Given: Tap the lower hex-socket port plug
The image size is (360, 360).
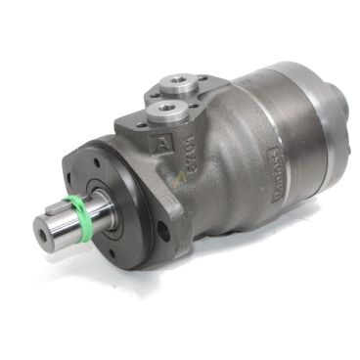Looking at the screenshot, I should tap(161, 103).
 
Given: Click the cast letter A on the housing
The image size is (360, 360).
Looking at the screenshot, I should tap(158, 144).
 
